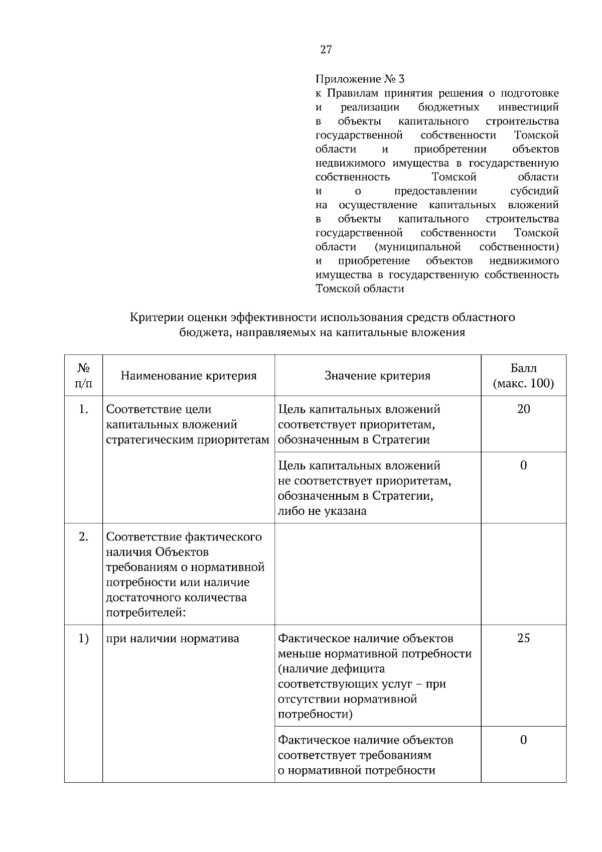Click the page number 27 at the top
click(326, 50)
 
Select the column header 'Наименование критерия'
click(188, 376)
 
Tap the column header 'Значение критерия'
click(377, 376)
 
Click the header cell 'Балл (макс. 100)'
click(523, 376)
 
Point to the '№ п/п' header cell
click(83, 376)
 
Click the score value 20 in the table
click(523, 409)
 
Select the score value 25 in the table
click(523, 638)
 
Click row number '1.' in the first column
click(83, 409)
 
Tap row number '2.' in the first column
click(83, 537)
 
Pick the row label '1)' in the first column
click(83, 638)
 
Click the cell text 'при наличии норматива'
click(173, 638)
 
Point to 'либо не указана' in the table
click(322, 511)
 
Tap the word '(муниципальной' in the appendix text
click(417, 247)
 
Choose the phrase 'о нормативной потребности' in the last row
click(356, 770)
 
